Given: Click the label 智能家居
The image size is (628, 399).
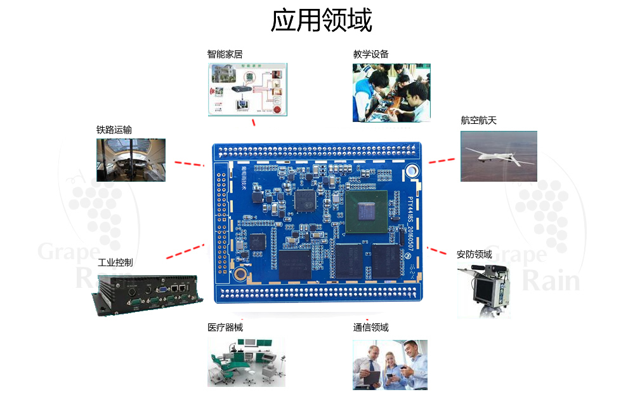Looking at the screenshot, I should (225, 55).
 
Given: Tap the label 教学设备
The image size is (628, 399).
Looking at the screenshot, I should (370, 55).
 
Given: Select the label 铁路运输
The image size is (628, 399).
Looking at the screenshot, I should (114, 130).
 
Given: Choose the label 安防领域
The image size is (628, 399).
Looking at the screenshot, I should (474, 254).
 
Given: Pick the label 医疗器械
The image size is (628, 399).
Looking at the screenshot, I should (225, 328).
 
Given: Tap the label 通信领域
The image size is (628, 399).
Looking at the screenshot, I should (370, 328).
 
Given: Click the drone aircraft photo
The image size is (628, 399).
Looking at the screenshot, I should (499, 156).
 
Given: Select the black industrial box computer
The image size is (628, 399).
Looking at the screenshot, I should (147, 294).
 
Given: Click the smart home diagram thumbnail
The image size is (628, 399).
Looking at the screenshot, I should (247, 89).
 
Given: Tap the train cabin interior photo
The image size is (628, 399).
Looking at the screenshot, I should (131, 160).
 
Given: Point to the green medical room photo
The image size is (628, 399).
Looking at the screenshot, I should (246, 362).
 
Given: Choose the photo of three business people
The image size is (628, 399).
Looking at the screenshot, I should (390, 365).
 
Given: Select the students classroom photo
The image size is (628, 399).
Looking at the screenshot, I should (391, 93).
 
